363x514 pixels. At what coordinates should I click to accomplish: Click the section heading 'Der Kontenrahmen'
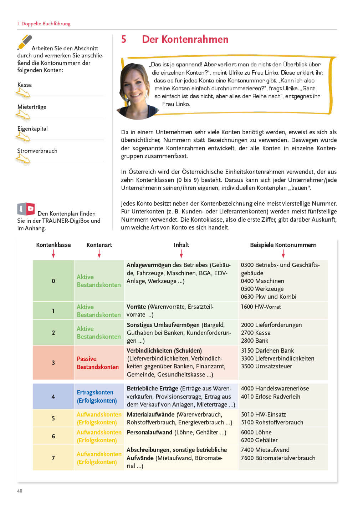click(185, 39)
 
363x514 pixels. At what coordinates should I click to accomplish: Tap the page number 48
click(20, 491)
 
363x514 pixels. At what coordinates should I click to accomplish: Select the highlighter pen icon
click(25, 42)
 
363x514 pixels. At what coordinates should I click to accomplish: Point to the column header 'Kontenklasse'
click(53, 245)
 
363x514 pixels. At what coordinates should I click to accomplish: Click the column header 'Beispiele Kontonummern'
click(283, 245)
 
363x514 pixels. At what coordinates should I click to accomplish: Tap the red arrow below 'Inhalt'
click(181, 253)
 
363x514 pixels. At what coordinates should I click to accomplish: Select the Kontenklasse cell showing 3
click(53, 363)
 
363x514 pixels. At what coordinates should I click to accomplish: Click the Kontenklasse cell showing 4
click(53, 397)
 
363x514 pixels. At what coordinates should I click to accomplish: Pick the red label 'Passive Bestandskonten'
click(98, 363)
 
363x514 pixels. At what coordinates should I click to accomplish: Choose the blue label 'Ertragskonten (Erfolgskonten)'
click(97, 397)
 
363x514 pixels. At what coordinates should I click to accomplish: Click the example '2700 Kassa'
click(256, 333)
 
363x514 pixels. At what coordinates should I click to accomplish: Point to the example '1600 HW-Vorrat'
click(261, 307)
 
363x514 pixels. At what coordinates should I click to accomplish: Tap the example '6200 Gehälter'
click(259, 440)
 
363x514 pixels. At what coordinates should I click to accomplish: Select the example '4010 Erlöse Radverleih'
click(270, 397)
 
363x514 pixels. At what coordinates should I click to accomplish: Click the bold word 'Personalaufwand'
click(149, 432)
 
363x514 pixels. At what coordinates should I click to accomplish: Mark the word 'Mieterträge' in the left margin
click(32, 107)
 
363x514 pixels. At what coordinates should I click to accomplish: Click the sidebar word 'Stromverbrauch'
click(37, 151)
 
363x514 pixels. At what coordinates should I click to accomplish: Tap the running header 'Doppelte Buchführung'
click(46, 24)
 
